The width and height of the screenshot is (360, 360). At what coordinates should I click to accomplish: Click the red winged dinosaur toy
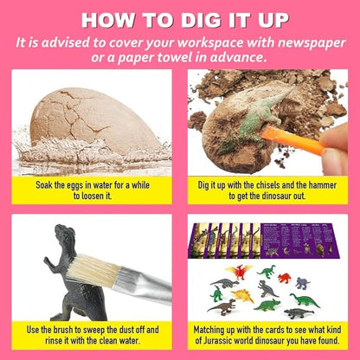[240, 273]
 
